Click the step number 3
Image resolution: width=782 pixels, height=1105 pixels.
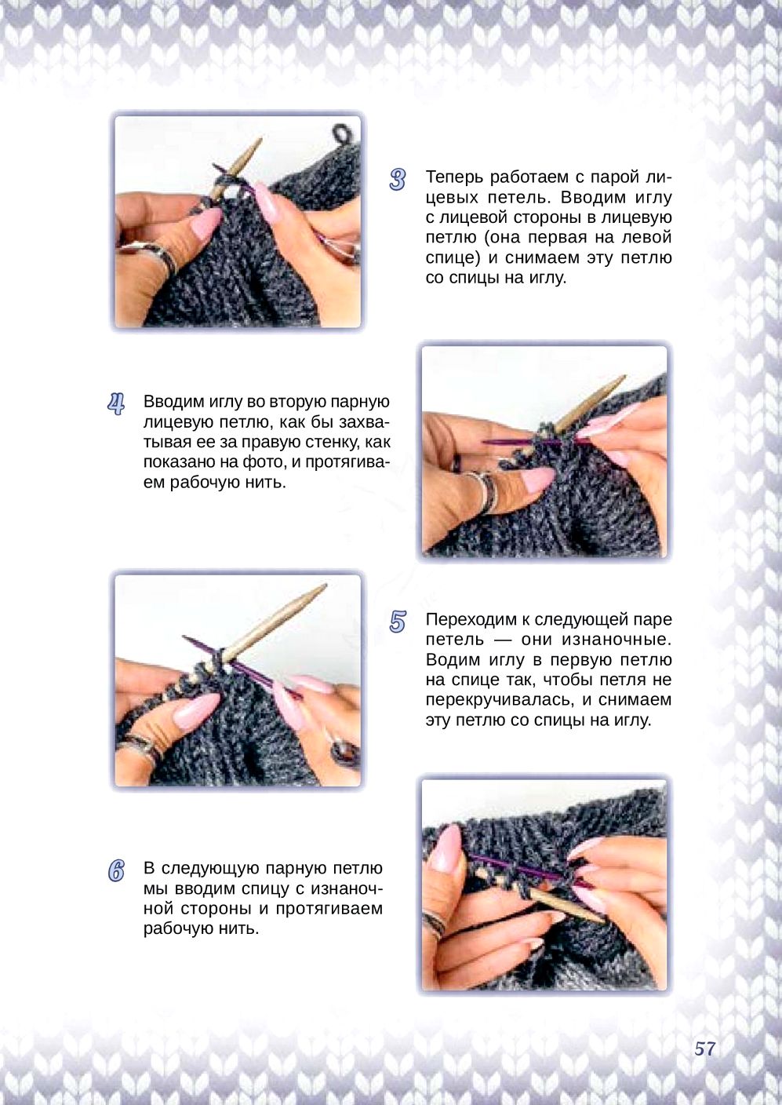[398, 180]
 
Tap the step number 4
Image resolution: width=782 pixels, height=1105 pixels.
[116, 404]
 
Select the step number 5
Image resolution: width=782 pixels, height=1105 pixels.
[398, 622]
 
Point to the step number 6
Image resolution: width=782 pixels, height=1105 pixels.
[116, 871]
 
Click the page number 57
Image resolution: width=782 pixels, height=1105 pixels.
[704, 1049]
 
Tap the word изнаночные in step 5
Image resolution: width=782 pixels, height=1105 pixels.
[620, 640]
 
